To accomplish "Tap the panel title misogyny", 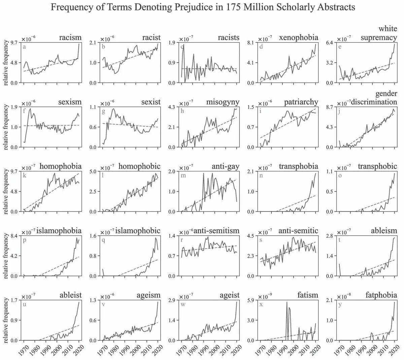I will click(223, 102).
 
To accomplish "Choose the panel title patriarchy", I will click(301, 102).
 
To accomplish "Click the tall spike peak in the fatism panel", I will click(287, 302).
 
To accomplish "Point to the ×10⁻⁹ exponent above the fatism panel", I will click(265, 296).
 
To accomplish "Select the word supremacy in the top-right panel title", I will click(379, 37).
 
